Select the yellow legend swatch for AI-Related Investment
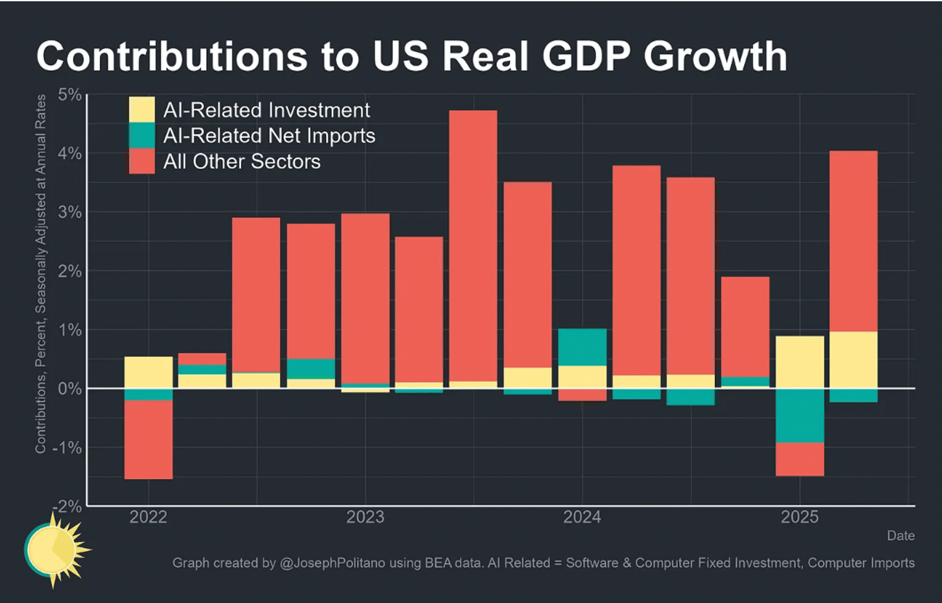coord(142,109)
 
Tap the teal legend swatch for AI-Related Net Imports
coord(142,135)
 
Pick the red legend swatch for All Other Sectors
coord(142,161)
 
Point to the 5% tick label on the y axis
coord(70,95)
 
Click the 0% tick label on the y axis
coord(70,389)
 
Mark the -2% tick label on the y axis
coord(68,506)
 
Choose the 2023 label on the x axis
coord(365,517)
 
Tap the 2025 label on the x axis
coord(799,517)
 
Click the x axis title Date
coord(900,536)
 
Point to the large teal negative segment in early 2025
coord(800,415)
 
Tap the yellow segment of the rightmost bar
coord(853,360)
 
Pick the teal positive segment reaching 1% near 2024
coord(582,347)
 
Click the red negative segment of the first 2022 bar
coord(149,439)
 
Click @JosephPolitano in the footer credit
coord(332,563)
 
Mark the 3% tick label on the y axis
coord(70,212)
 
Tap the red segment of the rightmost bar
coord(853,241)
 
